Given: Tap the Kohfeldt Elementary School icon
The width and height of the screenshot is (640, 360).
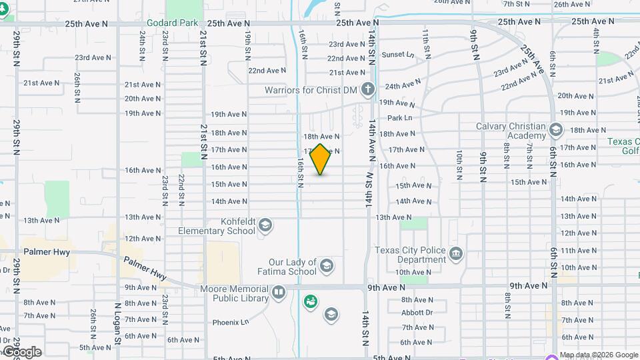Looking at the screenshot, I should coord(265,225).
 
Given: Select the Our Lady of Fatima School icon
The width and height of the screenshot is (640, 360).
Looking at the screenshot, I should coord(327,267).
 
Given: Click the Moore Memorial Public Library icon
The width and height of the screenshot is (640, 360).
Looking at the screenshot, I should coord(279,292).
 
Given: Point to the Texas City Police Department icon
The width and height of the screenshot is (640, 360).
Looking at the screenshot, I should coord(456,254).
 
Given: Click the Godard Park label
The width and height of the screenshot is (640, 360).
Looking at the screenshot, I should coord(172,23).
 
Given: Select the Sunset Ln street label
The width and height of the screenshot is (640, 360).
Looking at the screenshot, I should coord(397,55).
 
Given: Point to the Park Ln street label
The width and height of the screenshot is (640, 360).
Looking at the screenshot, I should coord(400,118).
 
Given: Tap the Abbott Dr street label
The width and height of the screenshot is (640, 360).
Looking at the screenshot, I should coord(417,312).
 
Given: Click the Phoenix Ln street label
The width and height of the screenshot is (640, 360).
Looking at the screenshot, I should coord(230,323).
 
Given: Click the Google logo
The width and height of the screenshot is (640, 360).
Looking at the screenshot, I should coord(21,352).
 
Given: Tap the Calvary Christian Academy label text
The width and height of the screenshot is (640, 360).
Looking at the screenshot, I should coord(511,131).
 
